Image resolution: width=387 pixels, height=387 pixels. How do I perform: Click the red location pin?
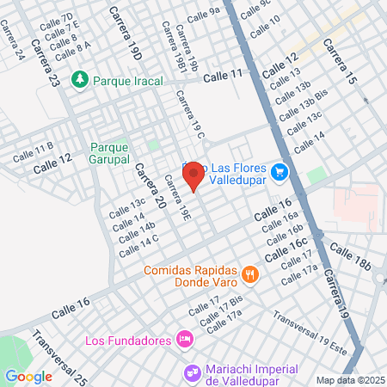pos(193,175)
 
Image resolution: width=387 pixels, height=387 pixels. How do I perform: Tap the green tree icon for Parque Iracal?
pos(80,79)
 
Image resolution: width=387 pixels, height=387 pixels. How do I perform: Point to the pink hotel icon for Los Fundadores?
pos(183,341)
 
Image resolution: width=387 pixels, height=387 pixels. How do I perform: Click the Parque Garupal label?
pos(109,153)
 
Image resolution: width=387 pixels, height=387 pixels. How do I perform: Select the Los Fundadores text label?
pos(129,341)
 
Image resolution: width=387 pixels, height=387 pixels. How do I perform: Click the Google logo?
pos(28,376)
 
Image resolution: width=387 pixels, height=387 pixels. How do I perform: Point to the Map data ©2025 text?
pos(348,380)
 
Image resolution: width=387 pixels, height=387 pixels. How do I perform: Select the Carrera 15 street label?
pos(340,60)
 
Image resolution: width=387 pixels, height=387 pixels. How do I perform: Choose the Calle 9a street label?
pos(204,14)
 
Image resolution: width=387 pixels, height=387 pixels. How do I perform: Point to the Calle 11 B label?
pos(33,152)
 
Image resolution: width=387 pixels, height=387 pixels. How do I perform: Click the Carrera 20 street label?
pos(149,186)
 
